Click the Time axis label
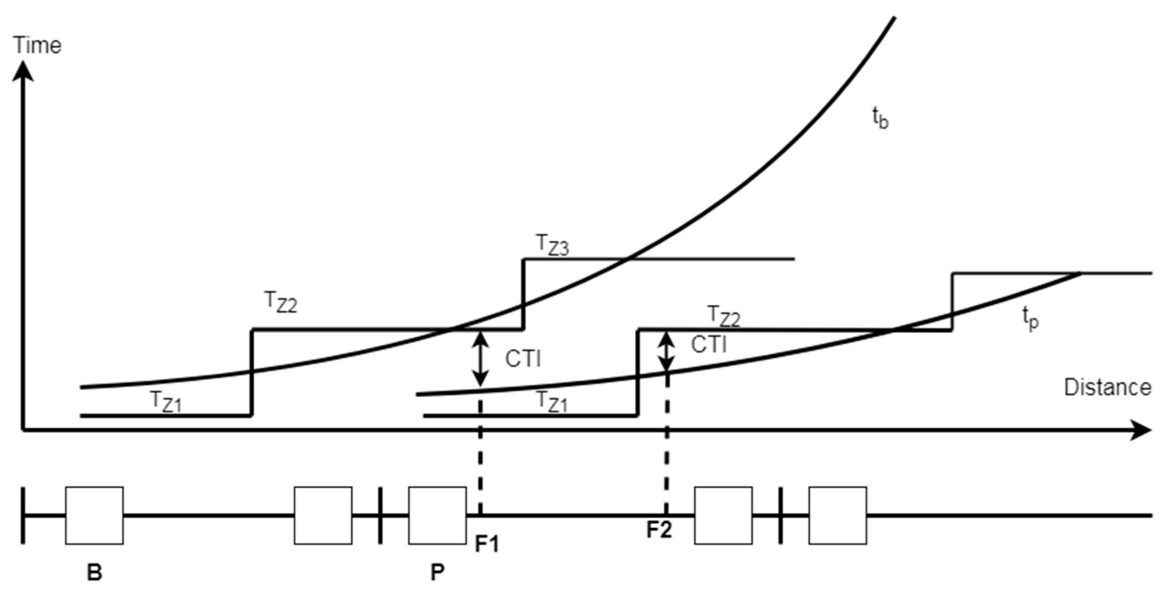(37, 46)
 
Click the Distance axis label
(1107, 388)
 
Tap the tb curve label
(880, 119)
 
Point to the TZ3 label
(552, 245)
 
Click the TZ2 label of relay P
(724, 316)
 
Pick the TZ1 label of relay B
(166, 401)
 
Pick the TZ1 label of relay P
(551, 401)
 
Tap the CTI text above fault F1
(523, 359)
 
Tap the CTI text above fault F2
(708, 345)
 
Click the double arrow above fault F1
(480, 359)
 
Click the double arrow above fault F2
(666, 351)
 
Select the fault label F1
(487, 544)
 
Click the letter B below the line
(94, 572)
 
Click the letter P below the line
(437, 572)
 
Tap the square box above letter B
(94, 515)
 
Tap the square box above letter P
(437, 515)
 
